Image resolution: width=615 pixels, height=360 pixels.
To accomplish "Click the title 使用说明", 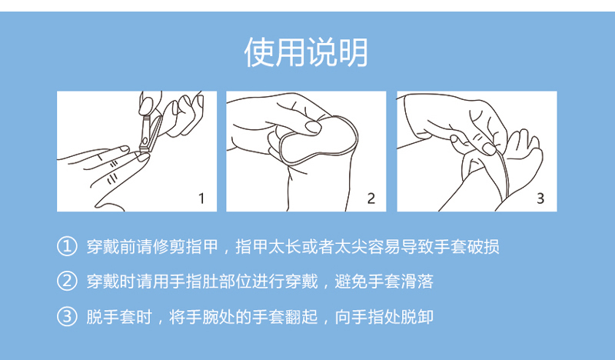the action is tap(306, 52).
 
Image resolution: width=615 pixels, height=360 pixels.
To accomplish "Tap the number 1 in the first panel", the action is tap(201, 198).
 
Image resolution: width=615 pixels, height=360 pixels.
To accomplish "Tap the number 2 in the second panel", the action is tap(371, 198).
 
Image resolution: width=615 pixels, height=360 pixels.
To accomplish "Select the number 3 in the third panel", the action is tap(540, 198).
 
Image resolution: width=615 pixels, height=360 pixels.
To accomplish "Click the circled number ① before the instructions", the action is tap(67, 246).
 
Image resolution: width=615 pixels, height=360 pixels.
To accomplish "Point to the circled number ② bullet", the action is tap(67, 281).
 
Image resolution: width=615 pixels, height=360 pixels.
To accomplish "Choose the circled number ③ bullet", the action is tap(67, 316).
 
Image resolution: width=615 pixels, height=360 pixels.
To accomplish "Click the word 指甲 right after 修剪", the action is tap(202, 247).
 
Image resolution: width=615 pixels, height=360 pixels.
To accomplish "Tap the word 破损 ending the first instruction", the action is tap(484, 247).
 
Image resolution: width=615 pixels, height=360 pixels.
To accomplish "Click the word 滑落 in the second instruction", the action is tap(417, 282).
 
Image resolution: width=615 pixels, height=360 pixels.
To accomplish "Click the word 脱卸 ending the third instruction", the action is tap(417, 317).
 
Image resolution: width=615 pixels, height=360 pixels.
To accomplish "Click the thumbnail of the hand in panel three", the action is tap(489, 148).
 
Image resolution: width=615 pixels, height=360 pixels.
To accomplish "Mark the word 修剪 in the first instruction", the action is tap(169, 247).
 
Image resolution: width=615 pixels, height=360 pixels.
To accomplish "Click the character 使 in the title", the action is tap(259, 52).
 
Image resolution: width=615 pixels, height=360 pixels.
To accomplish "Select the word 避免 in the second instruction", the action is tap(351, 282).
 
